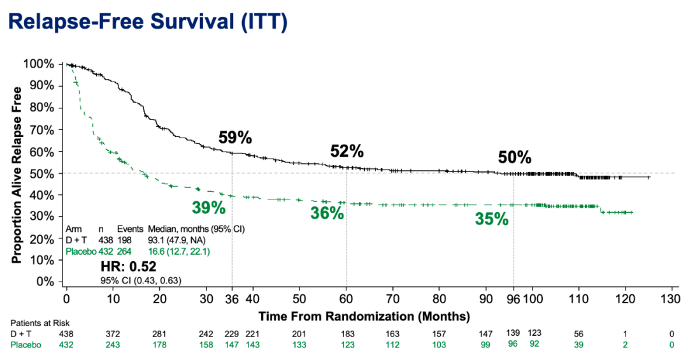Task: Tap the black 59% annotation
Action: [235, 137]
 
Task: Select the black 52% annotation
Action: [347, 151]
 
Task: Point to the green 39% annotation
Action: [209, 207]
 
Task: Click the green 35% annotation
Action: [491, 219]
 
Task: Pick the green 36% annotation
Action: [327, 213]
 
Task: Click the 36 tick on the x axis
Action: [231, 299]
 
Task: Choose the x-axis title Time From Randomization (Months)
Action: [364, 316]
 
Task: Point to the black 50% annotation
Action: [515, 157]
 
